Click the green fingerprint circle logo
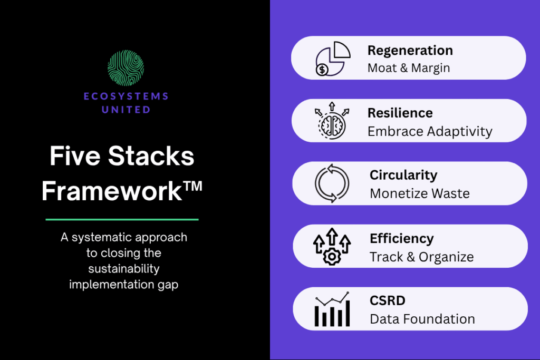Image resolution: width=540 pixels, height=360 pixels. tap(126, 68)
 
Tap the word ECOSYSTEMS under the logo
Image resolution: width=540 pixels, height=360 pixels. tap(126, 96)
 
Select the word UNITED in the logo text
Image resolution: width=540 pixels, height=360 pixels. tap(126, 110)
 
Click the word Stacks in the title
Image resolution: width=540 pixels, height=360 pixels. tap(151, 156)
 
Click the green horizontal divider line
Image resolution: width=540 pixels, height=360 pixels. tap(122, 219)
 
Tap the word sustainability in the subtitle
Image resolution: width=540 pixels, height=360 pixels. tap(123, 268)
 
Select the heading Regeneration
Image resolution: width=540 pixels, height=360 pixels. tap(410, 51)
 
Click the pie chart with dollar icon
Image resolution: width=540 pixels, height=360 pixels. tap(333, 59)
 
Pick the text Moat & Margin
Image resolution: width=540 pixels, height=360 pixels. tap(409, 68)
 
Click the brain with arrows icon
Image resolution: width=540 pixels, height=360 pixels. tap(332, 121)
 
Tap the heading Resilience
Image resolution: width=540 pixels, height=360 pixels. tap(400, 113)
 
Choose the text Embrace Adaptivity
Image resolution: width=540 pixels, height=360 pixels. tap(430, 131)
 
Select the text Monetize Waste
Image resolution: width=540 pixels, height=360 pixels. tap(420, 193)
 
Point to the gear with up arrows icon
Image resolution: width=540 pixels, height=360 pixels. tap(332, 247)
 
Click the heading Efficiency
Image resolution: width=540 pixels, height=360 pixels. tap(402, 239)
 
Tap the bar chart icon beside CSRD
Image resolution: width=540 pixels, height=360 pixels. tap(332, 309)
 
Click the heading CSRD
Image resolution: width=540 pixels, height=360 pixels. tap(388, 300)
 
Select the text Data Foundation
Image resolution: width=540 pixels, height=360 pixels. tap(422, 319)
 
